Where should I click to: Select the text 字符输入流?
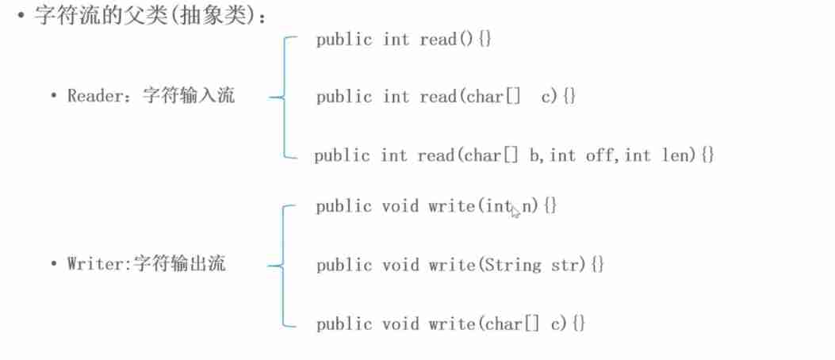[x=189, y=96]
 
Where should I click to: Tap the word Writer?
[x=92, y=263]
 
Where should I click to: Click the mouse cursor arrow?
[x=515, y=211]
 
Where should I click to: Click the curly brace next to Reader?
[x=279, y=97]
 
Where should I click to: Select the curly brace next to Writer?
[x=279, y=265]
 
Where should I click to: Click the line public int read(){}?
[x=404, y=39]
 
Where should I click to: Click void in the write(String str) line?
[x=400, y=265]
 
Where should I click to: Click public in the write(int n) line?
[x=343, y=206]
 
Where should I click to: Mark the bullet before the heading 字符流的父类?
[x=24, y=17]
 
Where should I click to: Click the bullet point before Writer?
[x=54, y=264]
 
